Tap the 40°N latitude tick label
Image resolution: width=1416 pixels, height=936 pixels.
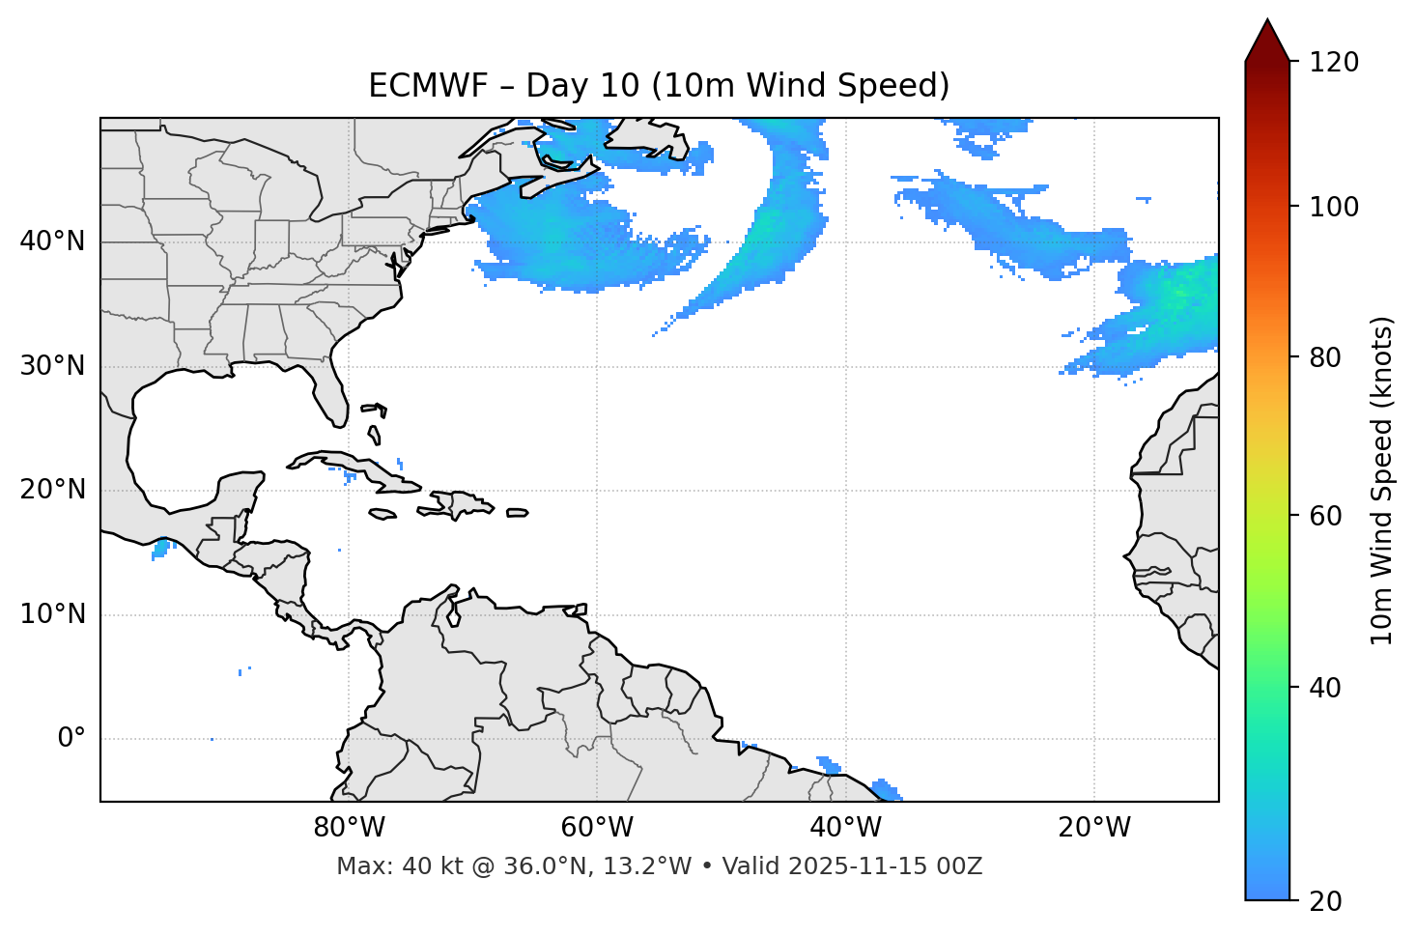pos(52,241)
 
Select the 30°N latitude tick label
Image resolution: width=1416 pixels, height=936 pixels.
pos(52,366)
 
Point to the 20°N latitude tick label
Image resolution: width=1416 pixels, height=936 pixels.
pos(52,490)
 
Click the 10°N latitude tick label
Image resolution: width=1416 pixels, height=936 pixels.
pos(52,614)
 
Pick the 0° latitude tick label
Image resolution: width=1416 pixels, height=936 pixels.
pos(71,739)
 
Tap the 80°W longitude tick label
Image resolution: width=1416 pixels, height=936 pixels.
pos(349,828)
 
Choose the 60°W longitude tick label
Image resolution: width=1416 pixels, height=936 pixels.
pos(597,828)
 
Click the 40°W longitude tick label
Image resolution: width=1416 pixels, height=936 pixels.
pos(845,828)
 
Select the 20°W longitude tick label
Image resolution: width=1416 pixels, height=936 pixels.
pos(1093,828)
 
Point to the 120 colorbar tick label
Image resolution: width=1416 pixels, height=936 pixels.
pos(1334,63)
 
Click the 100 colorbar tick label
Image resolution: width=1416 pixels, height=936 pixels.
pos(1334,207)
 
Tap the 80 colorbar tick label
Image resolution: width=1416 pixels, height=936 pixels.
pos(1325,357)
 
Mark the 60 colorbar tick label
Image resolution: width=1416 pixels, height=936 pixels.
pos(1325,516)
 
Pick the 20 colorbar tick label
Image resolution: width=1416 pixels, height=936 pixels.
pos(1325,901)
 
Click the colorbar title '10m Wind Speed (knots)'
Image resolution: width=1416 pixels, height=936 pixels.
pos(1382,480)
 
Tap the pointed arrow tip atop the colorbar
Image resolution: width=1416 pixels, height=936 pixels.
pos(1266,22)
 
